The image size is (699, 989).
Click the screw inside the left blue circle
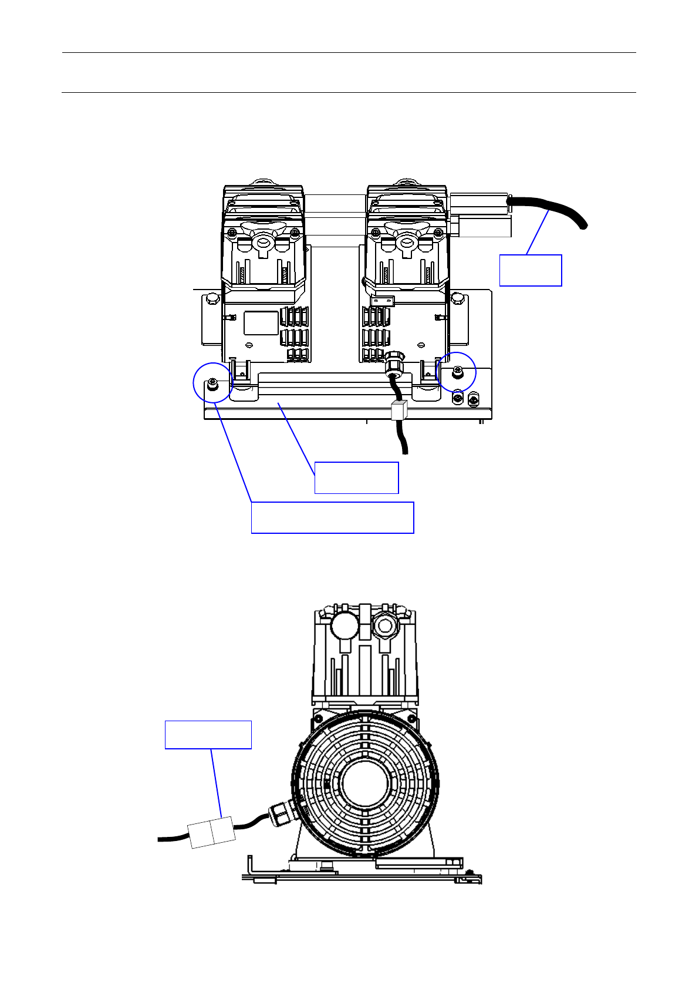(212, 385)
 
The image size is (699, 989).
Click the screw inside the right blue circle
(457, 371)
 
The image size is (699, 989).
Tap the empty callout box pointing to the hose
(531, 270)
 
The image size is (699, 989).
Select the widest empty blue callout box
(332, 517)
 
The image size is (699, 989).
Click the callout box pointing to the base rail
(356, 477)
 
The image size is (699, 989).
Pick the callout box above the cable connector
(208, 734)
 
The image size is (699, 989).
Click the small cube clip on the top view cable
(399, 410)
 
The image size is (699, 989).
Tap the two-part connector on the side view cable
(212, 832)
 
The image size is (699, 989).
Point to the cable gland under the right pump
(394, 362)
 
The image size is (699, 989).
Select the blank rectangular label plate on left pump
(261, 323)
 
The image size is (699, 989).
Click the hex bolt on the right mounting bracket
(457, 299)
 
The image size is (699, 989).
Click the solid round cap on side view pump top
(344, 625)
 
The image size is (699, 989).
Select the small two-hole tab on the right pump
(382, 301)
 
